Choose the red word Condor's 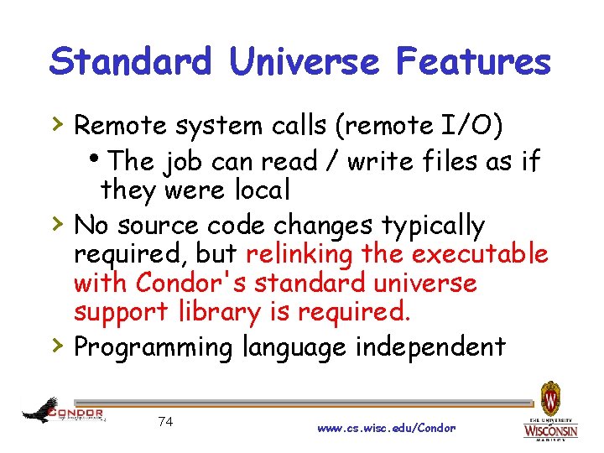(190, 284)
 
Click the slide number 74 (164, 421)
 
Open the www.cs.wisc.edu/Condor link (386, 428)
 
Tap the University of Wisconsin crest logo (550, 398)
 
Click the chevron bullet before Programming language (56, 344)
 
